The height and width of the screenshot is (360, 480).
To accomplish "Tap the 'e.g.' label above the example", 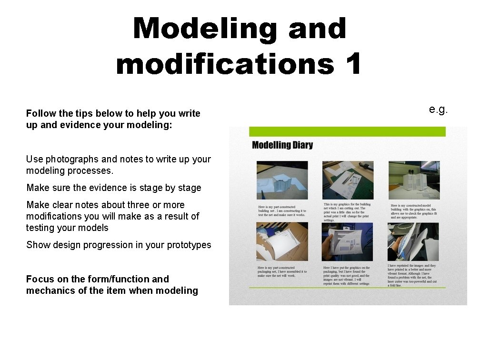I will tap(438, 110).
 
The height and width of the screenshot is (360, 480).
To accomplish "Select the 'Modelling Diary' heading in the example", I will tap(282, 145).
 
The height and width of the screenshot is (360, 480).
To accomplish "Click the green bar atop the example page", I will tap(347, 131).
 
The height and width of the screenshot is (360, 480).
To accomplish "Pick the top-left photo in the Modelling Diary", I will tap(282, 180).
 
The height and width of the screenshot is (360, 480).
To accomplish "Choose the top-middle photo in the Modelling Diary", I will tap(347, 180).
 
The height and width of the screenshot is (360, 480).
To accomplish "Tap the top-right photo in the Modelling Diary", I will tap(414, 180).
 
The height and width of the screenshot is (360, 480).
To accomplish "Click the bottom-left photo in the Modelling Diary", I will tap(282, 242).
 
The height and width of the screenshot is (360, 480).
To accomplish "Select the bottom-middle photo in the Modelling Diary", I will tap(347, 242).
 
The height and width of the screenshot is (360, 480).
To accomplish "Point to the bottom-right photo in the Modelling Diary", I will tap(414, 242).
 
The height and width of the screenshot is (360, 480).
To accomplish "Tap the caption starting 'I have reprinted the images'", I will tap(413, 275).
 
